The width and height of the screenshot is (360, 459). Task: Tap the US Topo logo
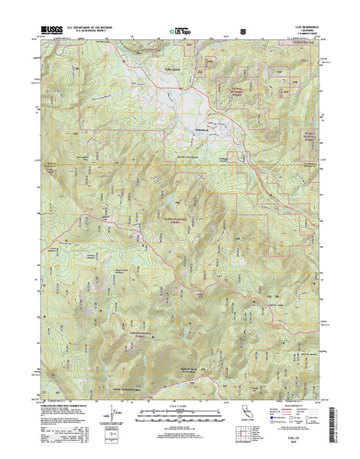point(180,33)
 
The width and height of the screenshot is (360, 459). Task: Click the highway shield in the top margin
point(242,31)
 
